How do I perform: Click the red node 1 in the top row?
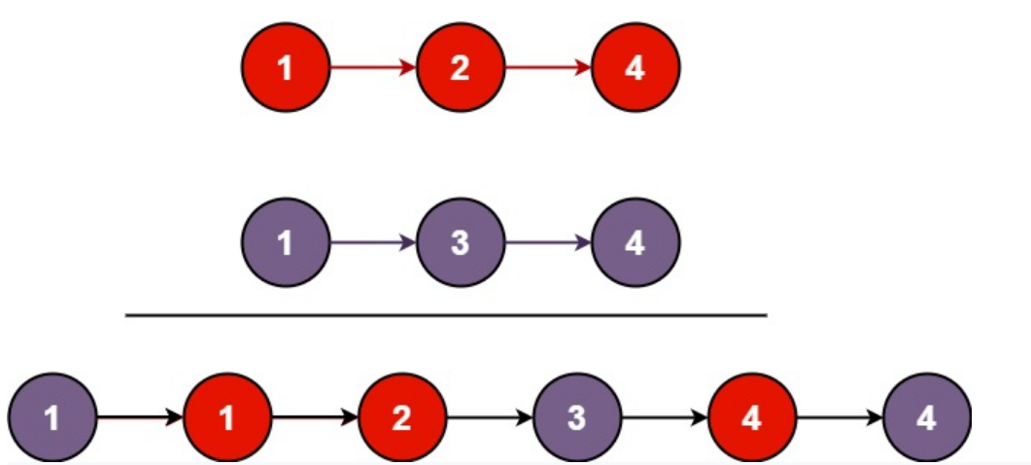pyautogui.click(x=285, y=68)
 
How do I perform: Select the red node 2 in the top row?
pyautogui.click(x=461, y=68)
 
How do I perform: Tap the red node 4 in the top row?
pyautogui.click(x=636, y=68)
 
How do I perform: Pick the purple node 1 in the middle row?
pyautogui.click(x=285, y=242)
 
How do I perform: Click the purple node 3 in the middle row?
pyautogui.click(x=461, y=242)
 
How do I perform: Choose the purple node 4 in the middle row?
pyautogui.click(x=636, y=242)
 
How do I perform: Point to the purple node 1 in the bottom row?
pyautogui.click(x=52, y=418)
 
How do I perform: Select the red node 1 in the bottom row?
pyautogui.click(x=227, y=418)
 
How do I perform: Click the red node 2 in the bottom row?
pyautogui.click(x=402, y=418)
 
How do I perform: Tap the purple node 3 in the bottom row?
pyautogui.click(x=577, y=418)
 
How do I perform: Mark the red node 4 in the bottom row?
pyautogui.click(x=752, y=418)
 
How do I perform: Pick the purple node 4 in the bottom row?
pyautogui.click(x=927, y=418)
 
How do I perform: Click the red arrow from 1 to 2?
pyautogui.click(x=372, y=68)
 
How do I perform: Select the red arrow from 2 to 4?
pyautogui.click(x=548, y=68)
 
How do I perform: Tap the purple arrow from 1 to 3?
pyautogui.click(x=372, y=242)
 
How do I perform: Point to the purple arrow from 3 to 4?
pyautogui.click(x=548, y=242)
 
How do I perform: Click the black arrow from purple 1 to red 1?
pyautogui.click(x=140, y=418)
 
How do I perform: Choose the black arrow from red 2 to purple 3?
pyautogui.click(x=490, y=418)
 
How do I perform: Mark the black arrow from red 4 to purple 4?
pyautogui.click(x=840, y=418)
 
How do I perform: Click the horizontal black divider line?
pyautogui.click(x=447, y=315)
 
